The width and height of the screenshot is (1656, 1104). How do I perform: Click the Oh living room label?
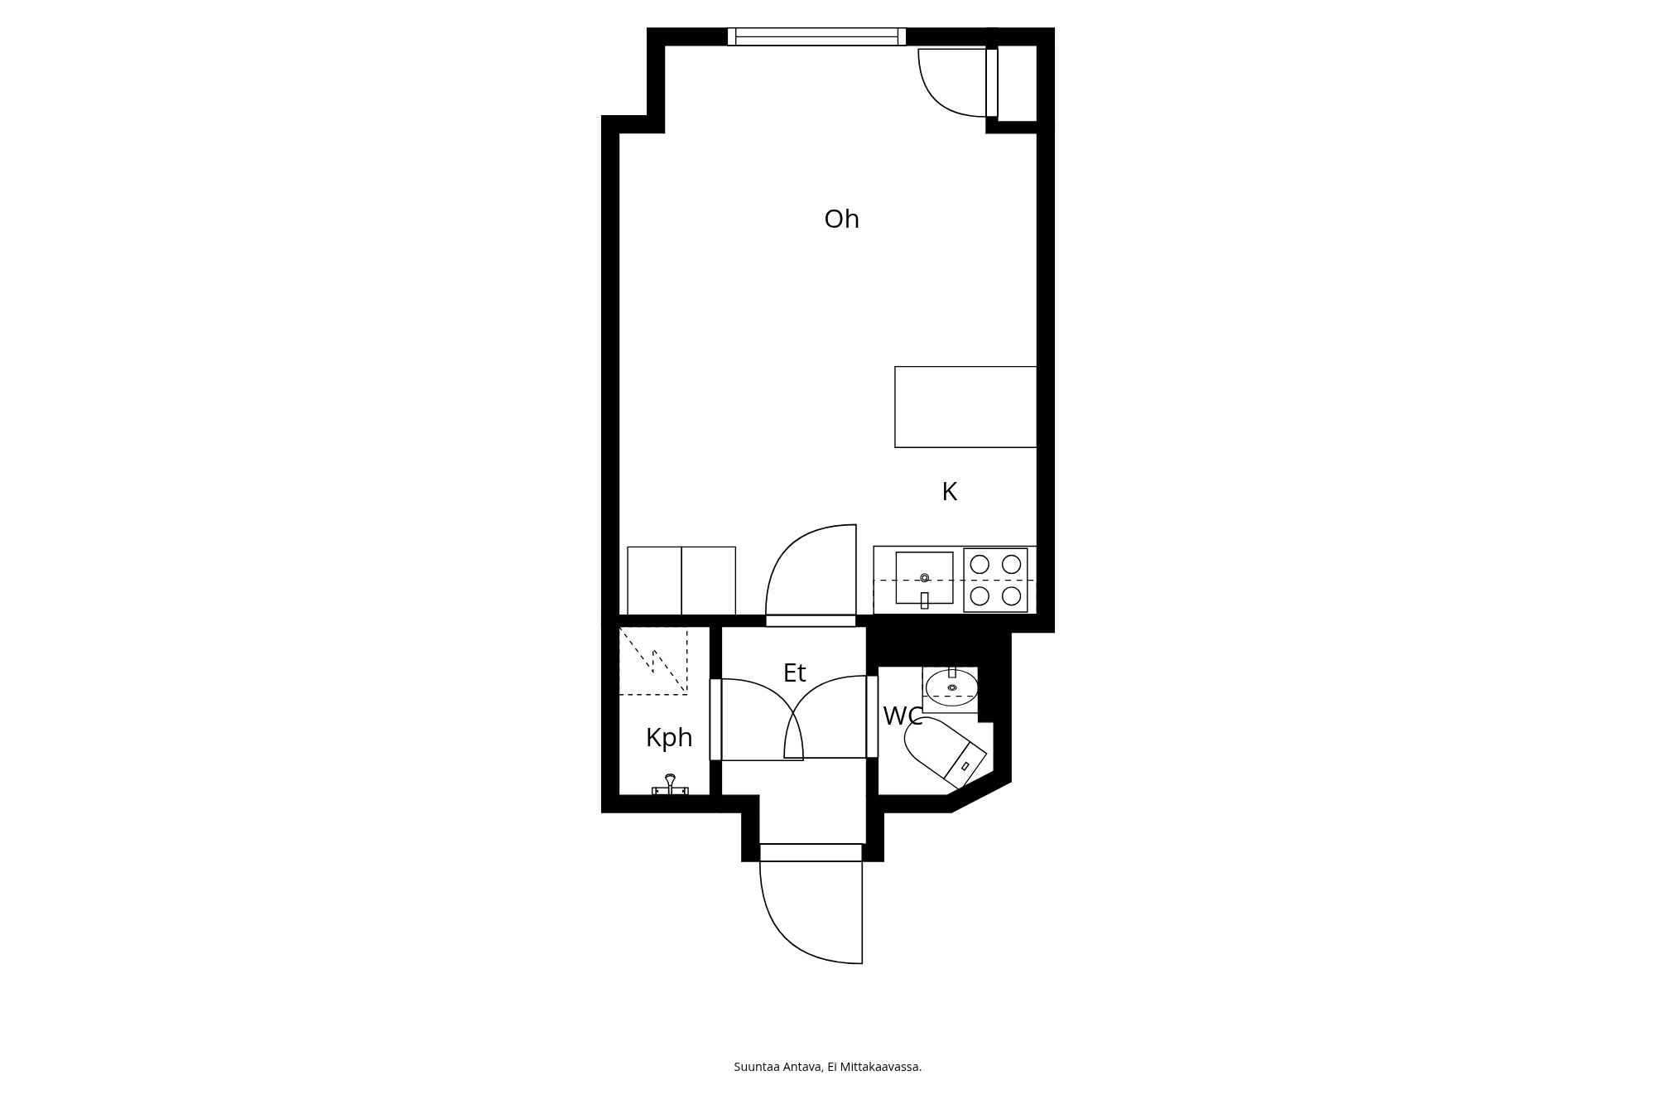coord(841,219)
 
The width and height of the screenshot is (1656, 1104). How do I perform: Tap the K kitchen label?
coord(950,492)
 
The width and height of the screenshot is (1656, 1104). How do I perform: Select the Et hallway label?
coord(794,673)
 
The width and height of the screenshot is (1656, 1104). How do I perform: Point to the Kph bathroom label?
coord(669,737)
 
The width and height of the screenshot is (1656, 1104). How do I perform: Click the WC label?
coord(903,716)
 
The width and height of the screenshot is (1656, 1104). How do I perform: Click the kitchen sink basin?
coord(924,578)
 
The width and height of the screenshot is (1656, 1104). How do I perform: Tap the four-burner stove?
coord(995,580)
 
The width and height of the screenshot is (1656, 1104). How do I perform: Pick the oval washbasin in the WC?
coord(951,687)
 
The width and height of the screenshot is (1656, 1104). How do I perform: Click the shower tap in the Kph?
coord(670,784)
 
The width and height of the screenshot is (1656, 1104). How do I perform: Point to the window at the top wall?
coord(816,36)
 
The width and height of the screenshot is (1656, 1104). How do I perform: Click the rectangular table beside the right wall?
coord(965,407)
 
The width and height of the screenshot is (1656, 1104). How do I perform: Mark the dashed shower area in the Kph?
coord(653,661)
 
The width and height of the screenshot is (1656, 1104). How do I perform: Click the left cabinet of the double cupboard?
coord(654,580)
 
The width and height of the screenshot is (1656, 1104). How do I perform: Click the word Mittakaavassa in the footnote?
coord(881,1067)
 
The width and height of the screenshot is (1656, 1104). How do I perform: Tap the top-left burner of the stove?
coord(980,564)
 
